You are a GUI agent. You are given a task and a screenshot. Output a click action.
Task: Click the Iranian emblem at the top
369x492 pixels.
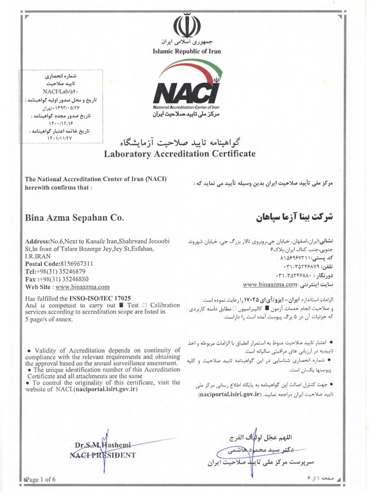point(186,26)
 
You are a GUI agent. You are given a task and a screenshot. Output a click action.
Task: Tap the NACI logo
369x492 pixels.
point(187,90)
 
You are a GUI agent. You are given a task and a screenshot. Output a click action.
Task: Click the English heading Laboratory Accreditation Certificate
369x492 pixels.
point(180,154)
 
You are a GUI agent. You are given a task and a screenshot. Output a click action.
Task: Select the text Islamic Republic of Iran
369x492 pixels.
point(187,51)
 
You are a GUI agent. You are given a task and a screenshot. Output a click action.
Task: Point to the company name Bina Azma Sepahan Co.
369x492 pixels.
point(74,218)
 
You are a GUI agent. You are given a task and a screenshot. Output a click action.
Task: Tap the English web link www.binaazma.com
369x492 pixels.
point(83,287)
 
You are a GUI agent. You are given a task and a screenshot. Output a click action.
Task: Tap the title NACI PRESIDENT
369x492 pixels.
point(103,455)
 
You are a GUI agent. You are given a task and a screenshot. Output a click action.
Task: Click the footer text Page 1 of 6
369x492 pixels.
point(41,479)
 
